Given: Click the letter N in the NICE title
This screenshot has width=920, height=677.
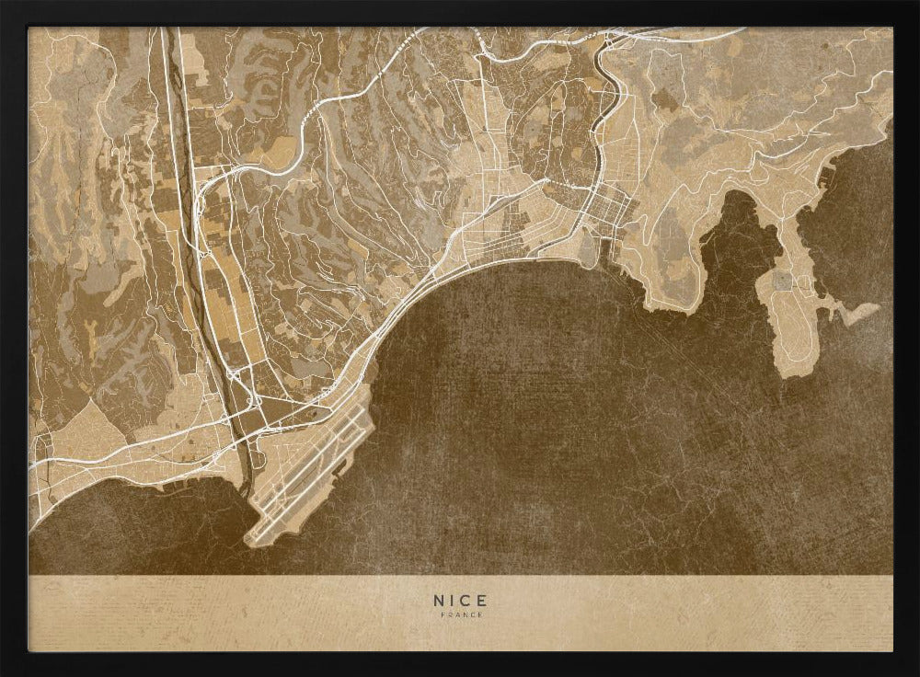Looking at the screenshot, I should (438, 600).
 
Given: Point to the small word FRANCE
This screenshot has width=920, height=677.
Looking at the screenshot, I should (459, 614).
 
